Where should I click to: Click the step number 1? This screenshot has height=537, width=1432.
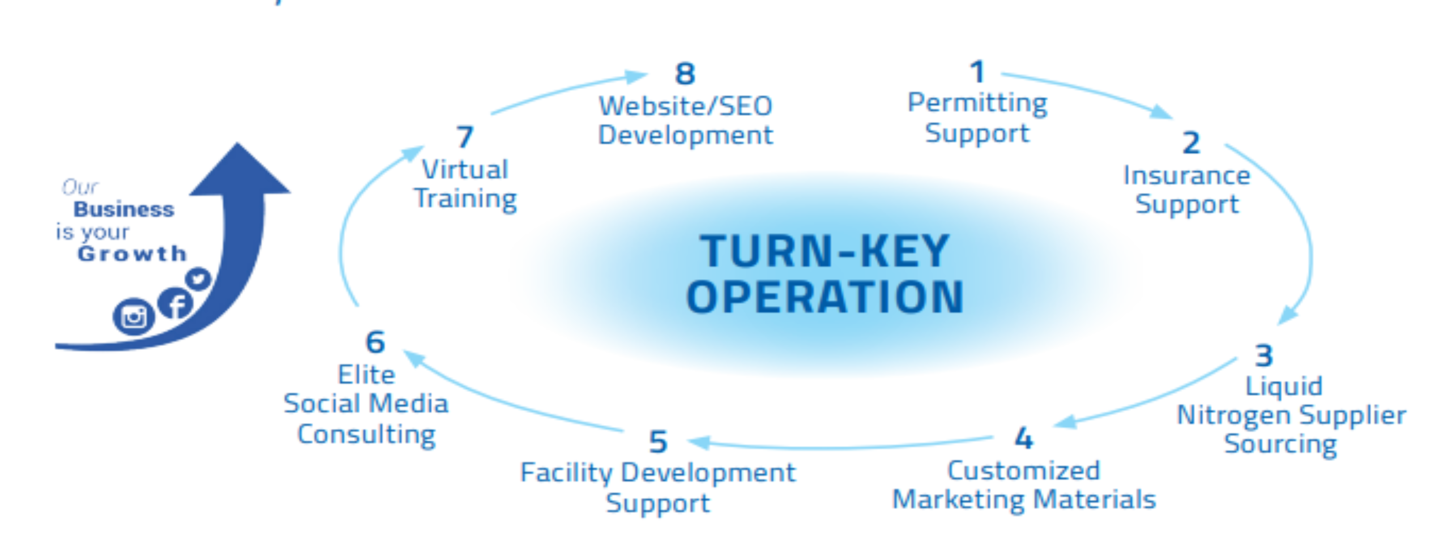977,72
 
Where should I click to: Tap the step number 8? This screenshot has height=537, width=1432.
685,74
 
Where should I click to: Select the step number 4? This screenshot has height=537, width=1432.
1023,438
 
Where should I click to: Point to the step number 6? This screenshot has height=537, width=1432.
375,342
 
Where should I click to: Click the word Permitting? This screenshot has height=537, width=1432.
977,103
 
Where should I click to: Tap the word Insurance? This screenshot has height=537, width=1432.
1186,176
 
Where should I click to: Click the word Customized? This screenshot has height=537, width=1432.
1023,471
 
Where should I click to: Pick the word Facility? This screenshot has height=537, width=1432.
567,473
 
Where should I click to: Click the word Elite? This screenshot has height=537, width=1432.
367,375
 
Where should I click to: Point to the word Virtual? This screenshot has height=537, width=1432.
465,170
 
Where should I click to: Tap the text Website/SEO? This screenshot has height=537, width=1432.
685,106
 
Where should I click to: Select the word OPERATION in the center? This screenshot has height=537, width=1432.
824,298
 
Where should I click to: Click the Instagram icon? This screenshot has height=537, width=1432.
133,317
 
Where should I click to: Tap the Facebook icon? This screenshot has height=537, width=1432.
176,303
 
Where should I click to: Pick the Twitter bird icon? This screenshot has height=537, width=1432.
198,278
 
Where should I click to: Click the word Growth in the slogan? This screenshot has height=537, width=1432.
132,254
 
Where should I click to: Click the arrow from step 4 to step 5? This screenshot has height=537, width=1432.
840,445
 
